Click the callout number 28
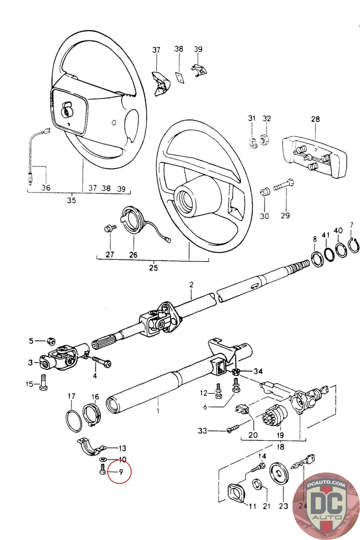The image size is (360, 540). pyautogui.click(x=315, y=119)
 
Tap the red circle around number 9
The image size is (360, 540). pyautogui.click(x=119, y=471)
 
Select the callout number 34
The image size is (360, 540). pyautogui.click(x=258, y=371)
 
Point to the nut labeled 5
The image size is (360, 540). pyautogui.click(x=51, y=341)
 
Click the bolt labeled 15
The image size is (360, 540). pyautogui.click(x=43, y=382)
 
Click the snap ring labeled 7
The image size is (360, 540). pyautogui.click(x=355, y=245)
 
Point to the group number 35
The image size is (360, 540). pyautogui.click(x=71, y=200)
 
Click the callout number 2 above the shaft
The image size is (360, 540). pyautogui.click(x=191, y=285)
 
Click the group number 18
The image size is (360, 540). pyautogui.click(x=280, y=447)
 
